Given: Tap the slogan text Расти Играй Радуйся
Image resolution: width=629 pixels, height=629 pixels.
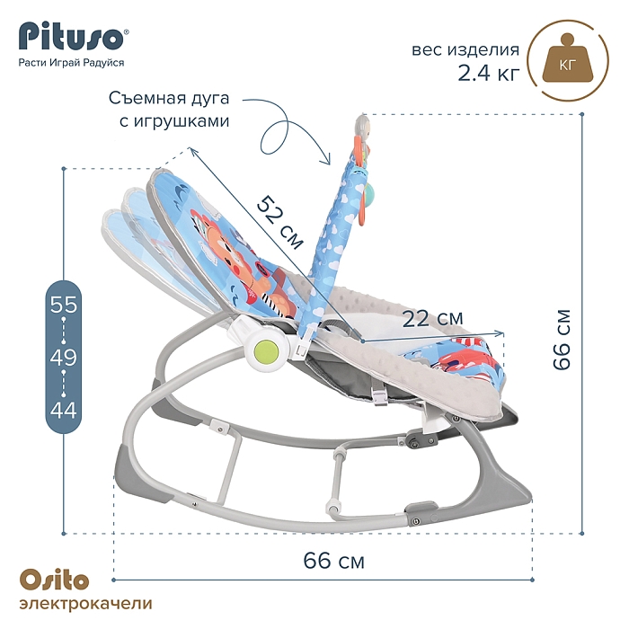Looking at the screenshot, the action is click(x=71, y=63).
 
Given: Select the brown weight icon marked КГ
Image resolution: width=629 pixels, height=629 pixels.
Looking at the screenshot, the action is click(x=568, y=60).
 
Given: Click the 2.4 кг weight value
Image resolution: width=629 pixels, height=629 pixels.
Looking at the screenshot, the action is click(x=489, y=73).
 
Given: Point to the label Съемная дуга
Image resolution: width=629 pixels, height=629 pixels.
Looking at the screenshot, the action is click(x=169, y=98).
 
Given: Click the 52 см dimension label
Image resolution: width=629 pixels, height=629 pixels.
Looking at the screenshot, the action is click(x=280, y=222).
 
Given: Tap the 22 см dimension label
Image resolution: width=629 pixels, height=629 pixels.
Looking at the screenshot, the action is click(x=432, y=318).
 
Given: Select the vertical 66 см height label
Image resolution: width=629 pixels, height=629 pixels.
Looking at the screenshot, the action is click(x=562, y=340).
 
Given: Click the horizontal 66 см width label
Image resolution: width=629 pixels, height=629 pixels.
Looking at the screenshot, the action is click(x=333, y=560).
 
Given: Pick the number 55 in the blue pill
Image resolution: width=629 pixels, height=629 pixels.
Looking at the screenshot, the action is click(x=64, y=305).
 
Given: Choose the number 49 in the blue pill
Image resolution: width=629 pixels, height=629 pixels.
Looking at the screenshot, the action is click(x=64, y=357).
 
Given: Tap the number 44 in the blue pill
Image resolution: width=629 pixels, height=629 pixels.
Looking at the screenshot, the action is click(x=64, y=410).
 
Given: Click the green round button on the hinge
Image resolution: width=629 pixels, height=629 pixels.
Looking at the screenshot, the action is click(x=267, y=351).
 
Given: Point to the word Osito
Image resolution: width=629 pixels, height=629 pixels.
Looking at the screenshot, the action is click(x=54, y=580).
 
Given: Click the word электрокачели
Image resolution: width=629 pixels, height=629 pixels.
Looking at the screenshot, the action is click(x=86, y=604).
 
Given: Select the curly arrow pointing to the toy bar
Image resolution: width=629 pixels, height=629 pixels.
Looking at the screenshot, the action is click(x=287, y=128).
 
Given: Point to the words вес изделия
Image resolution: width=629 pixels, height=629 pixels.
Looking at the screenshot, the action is click(x=465, y=50).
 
